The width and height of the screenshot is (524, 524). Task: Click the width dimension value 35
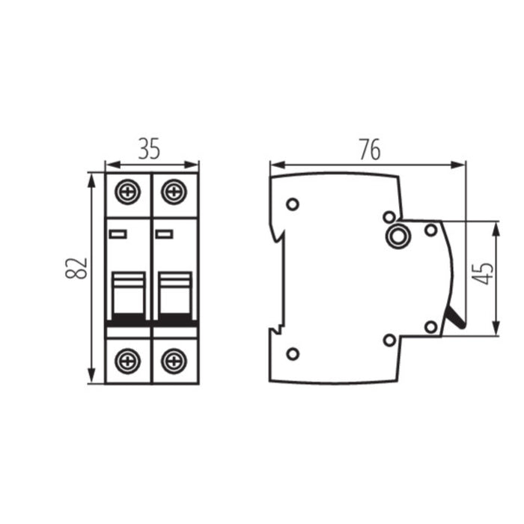pos(150,150)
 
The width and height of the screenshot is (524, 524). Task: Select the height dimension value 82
pos(77,268)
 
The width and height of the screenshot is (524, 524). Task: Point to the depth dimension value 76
pos(369,150)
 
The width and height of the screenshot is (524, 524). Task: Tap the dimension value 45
pos(485,273)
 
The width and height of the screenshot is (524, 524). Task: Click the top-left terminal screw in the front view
pos(128,192)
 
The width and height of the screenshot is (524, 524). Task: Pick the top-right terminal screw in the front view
pos(174,192)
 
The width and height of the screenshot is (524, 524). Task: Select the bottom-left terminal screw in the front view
pos(128,362)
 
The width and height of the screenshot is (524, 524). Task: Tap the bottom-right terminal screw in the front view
pos(174,362)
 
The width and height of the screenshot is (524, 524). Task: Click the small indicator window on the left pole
pos(118,234)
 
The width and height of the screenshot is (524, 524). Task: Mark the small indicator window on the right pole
pos(164,234)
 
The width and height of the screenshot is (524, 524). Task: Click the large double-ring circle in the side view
pos(397,237)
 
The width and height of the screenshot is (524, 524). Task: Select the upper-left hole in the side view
pos(293,204)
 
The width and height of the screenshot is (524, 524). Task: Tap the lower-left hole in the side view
pos(293,354)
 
